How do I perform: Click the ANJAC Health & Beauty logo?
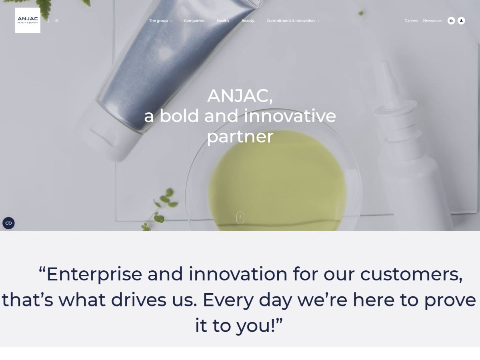point(28,20)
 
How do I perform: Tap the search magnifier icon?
point(47,21)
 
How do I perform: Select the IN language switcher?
point(56,20)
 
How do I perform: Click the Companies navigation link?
point(194,20)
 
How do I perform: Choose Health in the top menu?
point(223,20)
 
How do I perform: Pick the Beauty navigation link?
point(248,21)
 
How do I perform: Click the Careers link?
point(411,20)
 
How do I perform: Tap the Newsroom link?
point(432,20)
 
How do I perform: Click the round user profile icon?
point(461,21)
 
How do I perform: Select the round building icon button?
point(451,21)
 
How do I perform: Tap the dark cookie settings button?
point(8,223)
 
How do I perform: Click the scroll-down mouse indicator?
point(240,218)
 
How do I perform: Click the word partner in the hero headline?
point(240,137)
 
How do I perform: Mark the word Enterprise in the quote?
point(94,274)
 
